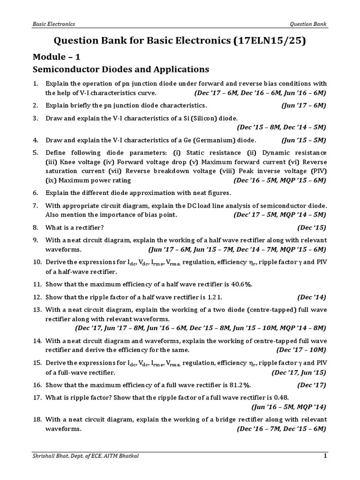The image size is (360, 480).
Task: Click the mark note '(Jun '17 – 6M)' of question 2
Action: [x=303, y=105]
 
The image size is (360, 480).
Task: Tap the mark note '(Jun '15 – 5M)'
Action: [x=303, y=140]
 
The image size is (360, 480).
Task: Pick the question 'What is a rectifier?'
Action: [x=75, y=228]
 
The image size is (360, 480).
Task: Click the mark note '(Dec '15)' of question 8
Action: [x=312, y=228]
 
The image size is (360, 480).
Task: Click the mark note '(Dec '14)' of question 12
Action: [x=312, y=297]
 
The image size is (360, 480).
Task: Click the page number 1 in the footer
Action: [x=325, y=456]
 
